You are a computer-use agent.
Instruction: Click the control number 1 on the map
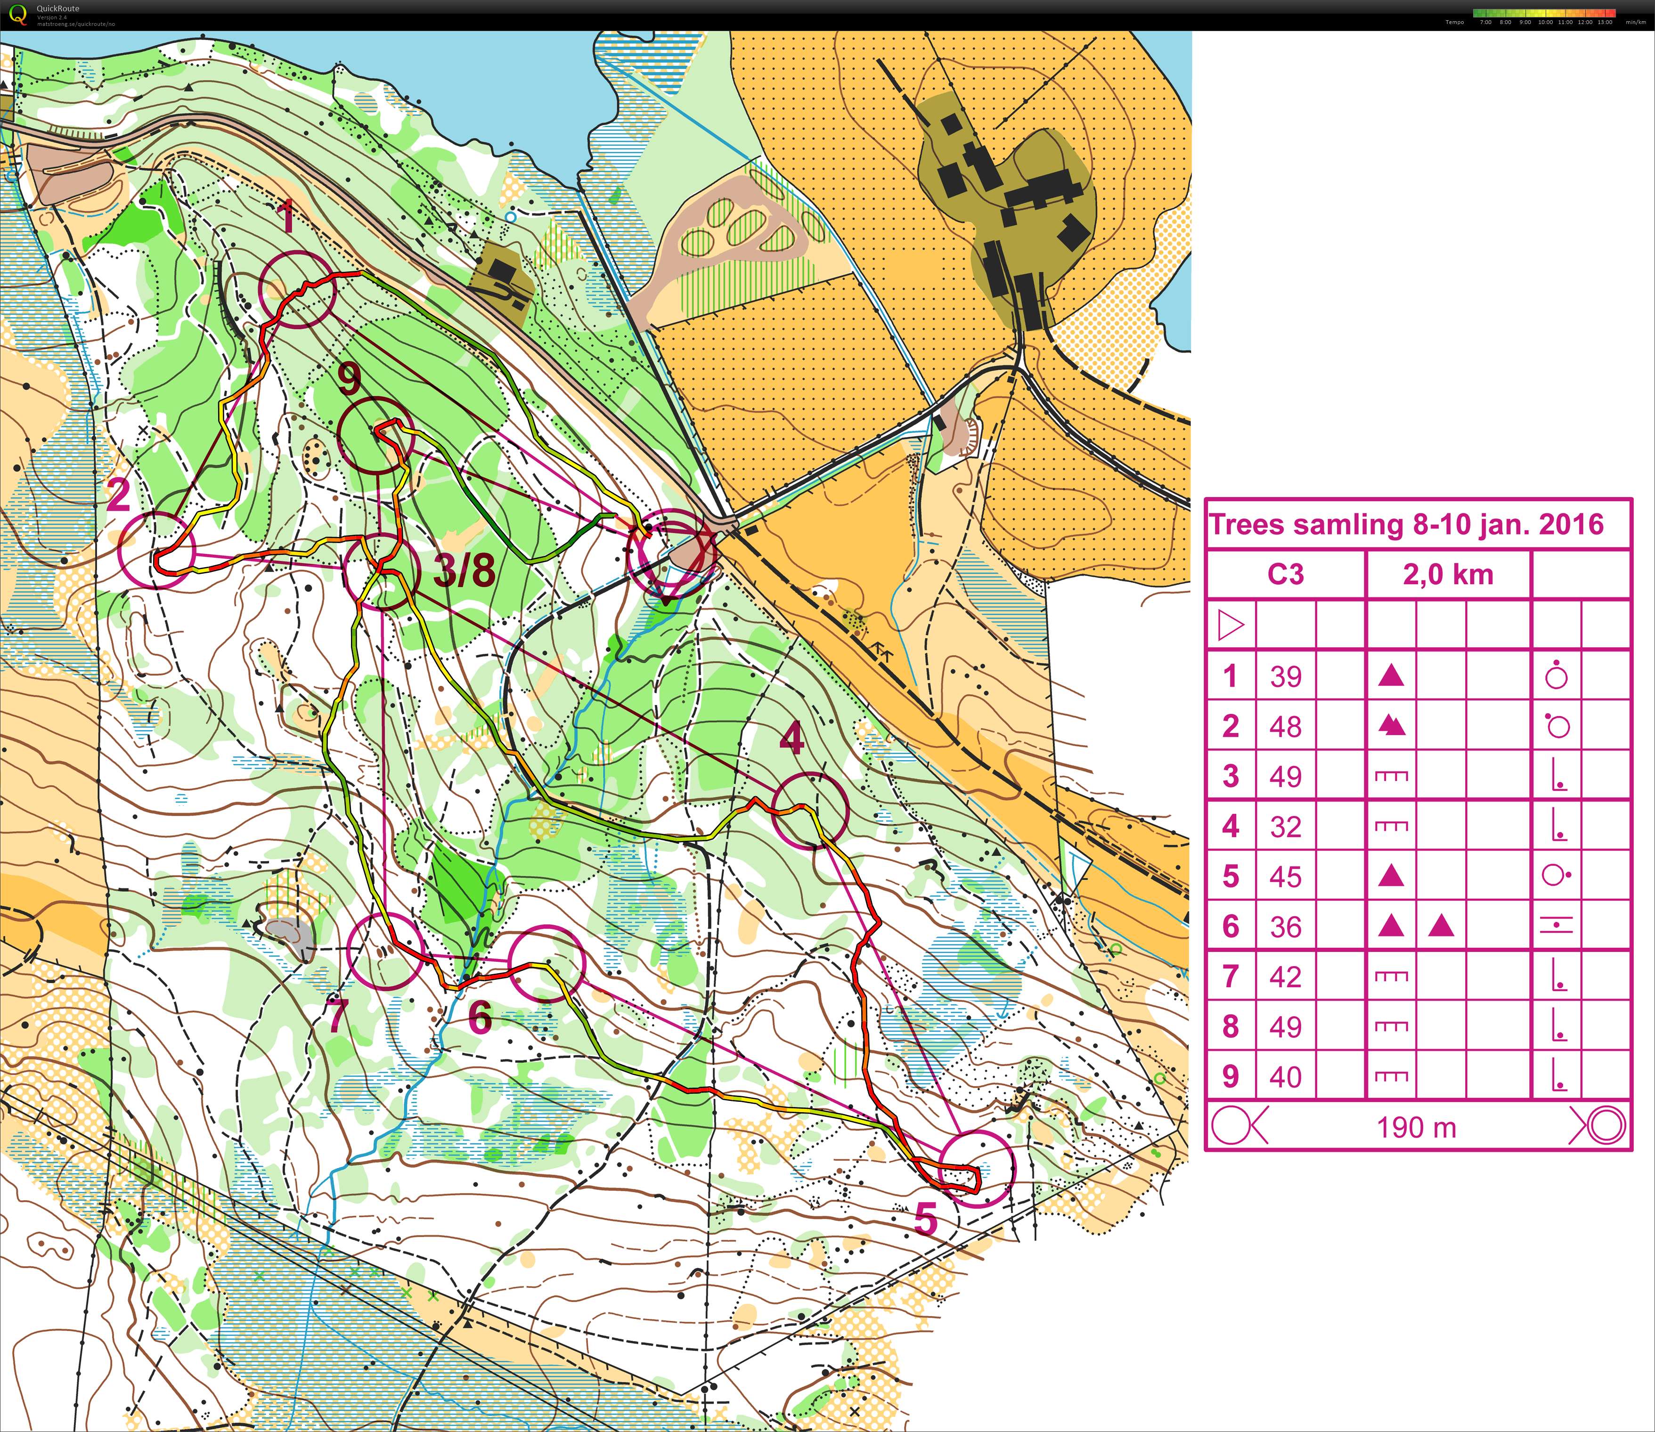coord(288,217)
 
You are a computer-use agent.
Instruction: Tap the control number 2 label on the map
coord(118,496)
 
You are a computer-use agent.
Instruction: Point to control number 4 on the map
coord(791,739)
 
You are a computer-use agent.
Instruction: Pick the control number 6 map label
coord(480,1018)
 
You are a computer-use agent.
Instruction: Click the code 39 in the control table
coord(1286,677)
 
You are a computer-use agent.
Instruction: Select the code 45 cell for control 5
coord(1286,877)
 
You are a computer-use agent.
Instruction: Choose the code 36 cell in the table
coord(1286,927)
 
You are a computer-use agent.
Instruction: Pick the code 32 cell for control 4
coord(1286,826)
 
